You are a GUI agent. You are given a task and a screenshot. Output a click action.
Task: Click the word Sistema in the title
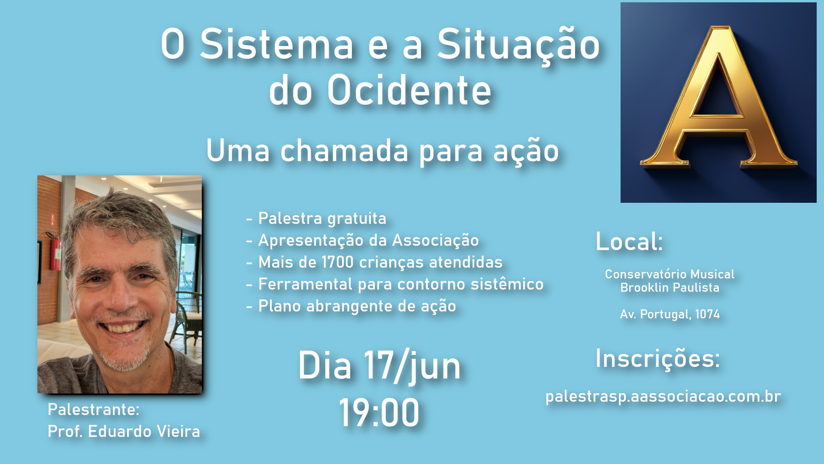point(277,44)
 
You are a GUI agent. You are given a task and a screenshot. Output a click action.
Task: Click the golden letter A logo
point(718,102)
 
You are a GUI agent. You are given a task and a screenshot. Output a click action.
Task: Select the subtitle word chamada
point(344,151)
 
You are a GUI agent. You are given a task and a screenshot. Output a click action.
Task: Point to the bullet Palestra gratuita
point(322,219)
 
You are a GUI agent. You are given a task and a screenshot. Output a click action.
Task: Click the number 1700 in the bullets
point(337,263)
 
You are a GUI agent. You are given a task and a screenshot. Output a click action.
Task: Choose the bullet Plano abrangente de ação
point(357,306)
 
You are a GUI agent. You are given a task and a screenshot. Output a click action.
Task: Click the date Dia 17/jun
point(379,366)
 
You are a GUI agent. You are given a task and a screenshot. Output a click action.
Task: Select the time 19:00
point(379,412)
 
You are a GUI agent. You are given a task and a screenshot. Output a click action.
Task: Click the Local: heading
point(629,242)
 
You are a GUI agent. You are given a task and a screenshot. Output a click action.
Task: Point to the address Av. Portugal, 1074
point(669,314)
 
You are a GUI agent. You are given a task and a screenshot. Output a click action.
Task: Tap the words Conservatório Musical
point(669,275)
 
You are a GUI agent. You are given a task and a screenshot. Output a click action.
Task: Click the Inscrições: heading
point(657,359)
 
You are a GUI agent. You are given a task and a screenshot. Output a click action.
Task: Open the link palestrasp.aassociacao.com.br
point(663,397)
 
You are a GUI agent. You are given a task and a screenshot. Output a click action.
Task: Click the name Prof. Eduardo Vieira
point(124,432)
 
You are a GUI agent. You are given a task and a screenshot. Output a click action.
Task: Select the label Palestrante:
point(94,410)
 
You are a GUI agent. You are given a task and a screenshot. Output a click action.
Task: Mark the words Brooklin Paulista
point(669,288)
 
